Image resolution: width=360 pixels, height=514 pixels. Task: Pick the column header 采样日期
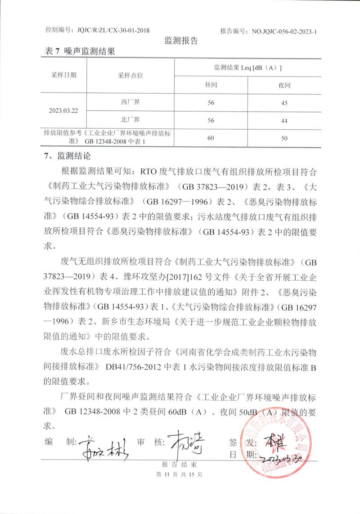coord(63,75)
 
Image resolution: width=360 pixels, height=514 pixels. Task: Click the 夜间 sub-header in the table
coord(284,85)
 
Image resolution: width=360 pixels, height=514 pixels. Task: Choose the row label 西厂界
coord(130,102)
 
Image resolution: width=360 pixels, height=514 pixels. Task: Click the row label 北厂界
coord(130,119)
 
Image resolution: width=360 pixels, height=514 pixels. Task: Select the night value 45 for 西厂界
coord(284,103)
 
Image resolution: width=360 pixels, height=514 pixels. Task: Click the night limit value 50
coord(284,138)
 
